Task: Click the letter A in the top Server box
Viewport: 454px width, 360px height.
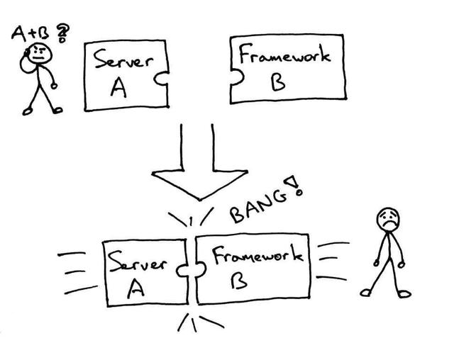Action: coord(119,87)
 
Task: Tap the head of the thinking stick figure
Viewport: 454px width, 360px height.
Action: coord(43,53)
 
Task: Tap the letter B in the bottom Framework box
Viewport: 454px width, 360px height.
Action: coord(238,283)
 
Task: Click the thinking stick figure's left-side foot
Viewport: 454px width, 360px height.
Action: coord(27,111)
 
